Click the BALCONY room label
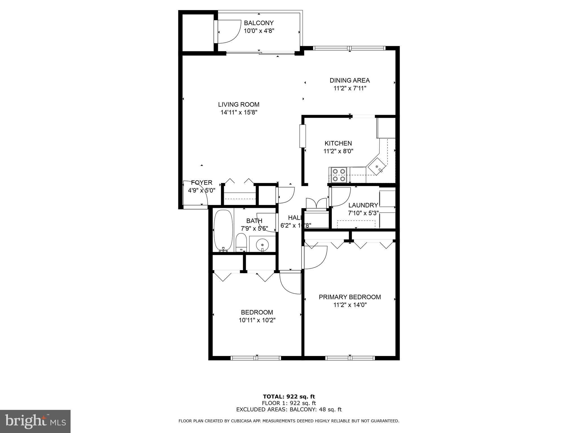coord(259,23)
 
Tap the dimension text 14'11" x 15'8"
coord(239,112)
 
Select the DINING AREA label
coord(349,81)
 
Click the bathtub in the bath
coord(223,231)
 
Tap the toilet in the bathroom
coord(241,242)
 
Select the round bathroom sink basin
coord(262,244)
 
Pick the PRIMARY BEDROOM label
coord(350,297)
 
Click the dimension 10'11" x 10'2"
coord(257,320)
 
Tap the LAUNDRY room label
coord(363,205)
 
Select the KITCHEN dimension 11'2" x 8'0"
coord(338,151)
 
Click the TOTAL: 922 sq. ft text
coord(289,397)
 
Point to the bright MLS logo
coord(35,421)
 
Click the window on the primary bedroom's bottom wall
coord(350,358)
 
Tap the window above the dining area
coord(349,48)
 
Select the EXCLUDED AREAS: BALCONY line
coord(289,410)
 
